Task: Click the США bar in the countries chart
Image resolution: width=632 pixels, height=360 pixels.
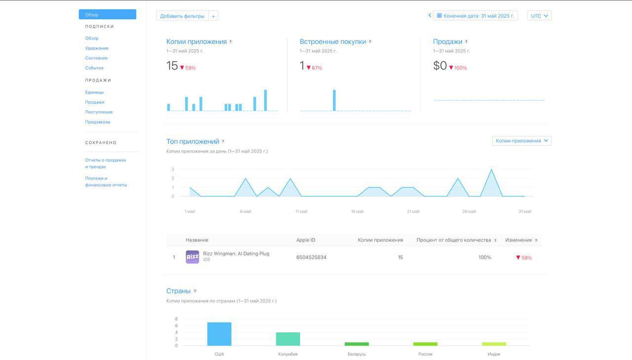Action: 219,334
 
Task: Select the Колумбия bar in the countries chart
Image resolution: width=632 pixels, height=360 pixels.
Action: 288,339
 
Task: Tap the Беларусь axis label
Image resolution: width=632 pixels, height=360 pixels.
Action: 356,354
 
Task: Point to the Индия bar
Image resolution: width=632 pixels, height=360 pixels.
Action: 494,344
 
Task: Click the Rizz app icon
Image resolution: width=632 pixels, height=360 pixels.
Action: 192,257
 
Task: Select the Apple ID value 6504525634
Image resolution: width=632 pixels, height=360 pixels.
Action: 311,257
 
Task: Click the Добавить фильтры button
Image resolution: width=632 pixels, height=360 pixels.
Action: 182,16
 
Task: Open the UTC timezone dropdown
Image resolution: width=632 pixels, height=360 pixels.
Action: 539,16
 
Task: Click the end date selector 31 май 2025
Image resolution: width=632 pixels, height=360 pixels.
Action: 475,16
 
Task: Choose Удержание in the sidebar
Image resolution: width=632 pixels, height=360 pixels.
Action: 97,48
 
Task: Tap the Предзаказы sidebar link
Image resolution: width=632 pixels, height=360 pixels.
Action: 98,122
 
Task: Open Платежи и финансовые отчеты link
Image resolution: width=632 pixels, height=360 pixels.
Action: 106,182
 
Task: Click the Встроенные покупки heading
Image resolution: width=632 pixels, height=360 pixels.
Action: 333,42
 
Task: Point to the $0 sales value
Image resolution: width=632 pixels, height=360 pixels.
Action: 440,66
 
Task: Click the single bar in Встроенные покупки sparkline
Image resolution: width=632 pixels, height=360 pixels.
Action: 334,100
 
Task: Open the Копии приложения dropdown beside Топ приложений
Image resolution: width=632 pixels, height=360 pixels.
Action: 521,141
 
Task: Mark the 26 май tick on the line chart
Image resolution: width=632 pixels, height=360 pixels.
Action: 469,211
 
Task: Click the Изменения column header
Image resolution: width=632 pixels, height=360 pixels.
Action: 518,240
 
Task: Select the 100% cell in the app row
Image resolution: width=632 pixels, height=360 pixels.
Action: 484,257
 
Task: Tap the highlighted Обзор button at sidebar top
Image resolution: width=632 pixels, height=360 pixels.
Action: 107,15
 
